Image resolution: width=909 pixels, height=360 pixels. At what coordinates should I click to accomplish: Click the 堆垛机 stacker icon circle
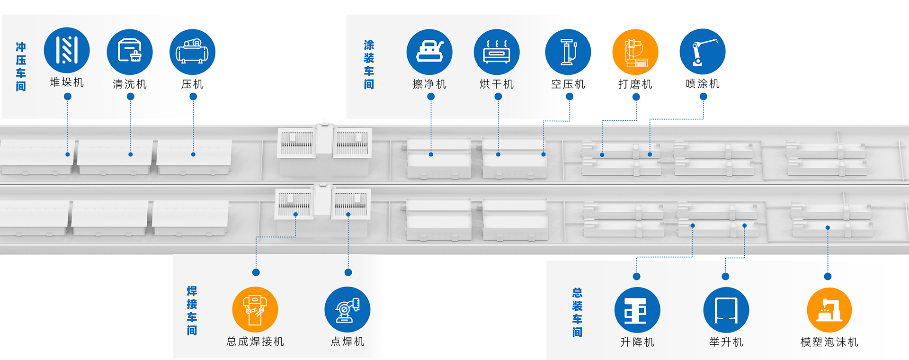67,50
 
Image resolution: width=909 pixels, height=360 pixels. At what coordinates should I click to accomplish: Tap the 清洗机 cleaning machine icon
130,52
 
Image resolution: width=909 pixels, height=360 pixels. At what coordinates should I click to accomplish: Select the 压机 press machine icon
192,52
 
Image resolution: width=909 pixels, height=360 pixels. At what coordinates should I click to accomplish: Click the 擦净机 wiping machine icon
429,52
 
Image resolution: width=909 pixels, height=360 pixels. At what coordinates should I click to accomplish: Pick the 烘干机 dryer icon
497,52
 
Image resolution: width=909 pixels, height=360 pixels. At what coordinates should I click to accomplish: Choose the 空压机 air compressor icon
568,52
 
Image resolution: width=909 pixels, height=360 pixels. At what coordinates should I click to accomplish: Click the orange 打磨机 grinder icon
635,52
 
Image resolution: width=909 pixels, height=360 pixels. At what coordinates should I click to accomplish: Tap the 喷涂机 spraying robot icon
703,52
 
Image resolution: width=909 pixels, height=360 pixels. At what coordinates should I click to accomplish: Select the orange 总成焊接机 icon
255,309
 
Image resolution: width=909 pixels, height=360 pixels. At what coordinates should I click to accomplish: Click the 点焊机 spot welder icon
348,309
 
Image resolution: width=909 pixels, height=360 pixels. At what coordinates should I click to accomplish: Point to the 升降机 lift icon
637,310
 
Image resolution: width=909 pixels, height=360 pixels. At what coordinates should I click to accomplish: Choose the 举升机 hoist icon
726,310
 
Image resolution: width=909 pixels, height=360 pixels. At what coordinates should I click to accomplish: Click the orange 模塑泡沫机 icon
829,310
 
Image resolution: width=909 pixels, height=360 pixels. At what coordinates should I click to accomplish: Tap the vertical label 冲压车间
21,67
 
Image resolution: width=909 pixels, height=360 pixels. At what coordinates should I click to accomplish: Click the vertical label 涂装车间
369,65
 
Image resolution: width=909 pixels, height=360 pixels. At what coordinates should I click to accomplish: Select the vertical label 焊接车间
192,311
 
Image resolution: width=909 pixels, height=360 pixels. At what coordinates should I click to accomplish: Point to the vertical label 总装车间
577,312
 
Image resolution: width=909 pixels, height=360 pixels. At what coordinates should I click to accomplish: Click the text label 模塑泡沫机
829,342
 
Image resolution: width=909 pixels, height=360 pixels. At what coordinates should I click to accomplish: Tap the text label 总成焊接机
255,342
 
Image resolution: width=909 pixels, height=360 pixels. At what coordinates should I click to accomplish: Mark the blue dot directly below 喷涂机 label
704,97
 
